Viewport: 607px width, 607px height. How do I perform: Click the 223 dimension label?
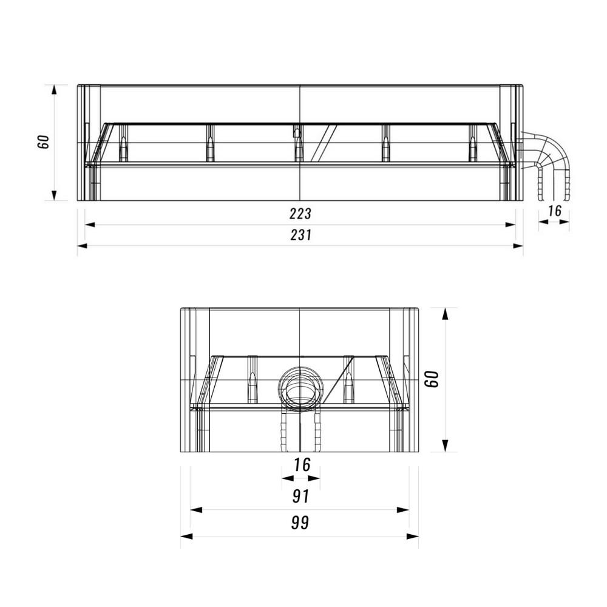pyautogui.click(x=300, y=213)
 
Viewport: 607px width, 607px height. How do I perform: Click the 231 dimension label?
pyautogui.click(x=301, y=235)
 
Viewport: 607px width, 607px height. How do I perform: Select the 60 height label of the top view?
pyautogui.click(x=43, y=141)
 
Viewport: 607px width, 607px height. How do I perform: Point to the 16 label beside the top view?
pyautogui.click(x=554, y=211)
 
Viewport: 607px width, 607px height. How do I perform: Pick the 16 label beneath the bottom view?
pyautogui.click(x=302, y=464)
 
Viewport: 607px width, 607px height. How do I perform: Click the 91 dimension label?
pyautogui.click(x=301, y=497)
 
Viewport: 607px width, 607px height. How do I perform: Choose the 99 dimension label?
pyautogui.click(x=300, y=523)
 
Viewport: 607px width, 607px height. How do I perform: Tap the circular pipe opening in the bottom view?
pyautogui.click(x=300, y=388)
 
